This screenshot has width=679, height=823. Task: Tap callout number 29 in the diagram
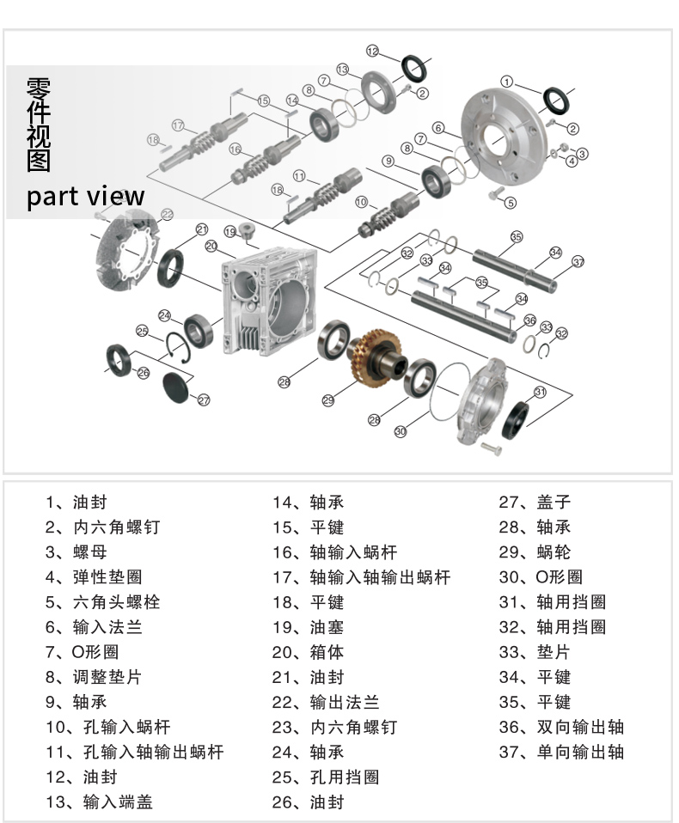tap(327, 399)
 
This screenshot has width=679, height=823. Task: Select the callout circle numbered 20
tap(211, 246)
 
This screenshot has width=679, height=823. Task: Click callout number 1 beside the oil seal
tap(507, 82)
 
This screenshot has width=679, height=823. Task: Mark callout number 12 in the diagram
tap(372, 51)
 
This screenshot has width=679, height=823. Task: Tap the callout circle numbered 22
tap(167, 214)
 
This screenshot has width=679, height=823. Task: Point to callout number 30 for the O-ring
tap(400, 432)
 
